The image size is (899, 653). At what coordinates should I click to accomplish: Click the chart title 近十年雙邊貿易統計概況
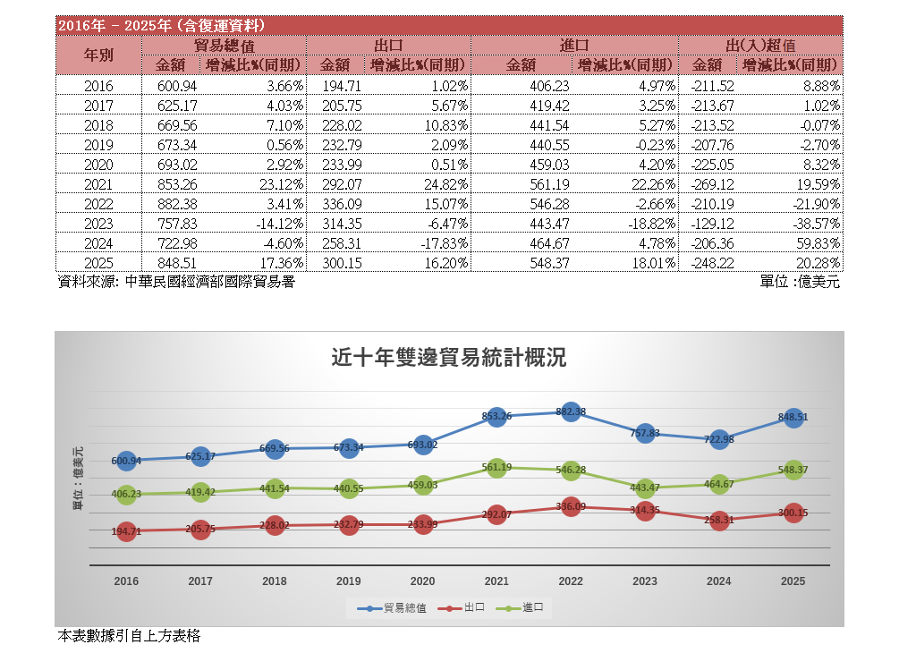point(449,359)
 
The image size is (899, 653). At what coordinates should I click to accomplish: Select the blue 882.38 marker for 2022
point(571,411)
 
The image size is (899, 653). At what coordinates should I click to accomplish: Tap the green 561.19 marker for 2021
point(496,467)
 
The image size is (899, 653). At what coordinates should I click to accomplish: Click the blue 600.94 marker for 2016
point(126,461)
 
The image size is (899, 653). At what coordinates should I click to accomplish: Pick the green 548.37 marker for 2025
point(793,470)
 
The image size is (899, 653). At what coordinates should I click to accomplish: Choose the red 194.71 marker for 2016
point(126,531)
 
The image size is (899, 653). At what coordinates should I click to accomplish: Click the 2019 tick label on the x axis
point(349,581)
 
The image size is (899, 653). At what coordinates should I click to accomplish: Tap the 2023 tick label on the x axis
point(645,581)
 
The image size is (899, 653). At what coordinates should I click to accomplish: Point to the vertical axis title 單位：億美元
point(78,479)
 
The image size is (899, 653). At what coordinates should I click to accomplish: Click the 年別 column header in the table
point(98,55)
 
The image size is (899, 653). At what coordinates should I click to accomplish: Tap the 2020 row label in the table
point(98,165)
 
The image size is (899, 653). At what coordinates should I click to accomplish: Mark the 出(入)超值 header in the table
point(760,44)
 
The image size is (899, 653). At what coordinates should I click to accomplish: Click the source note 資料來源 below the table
point(175,282)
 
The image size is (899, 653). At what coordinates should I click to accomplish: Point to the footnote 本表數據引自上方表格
point(129,636)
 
